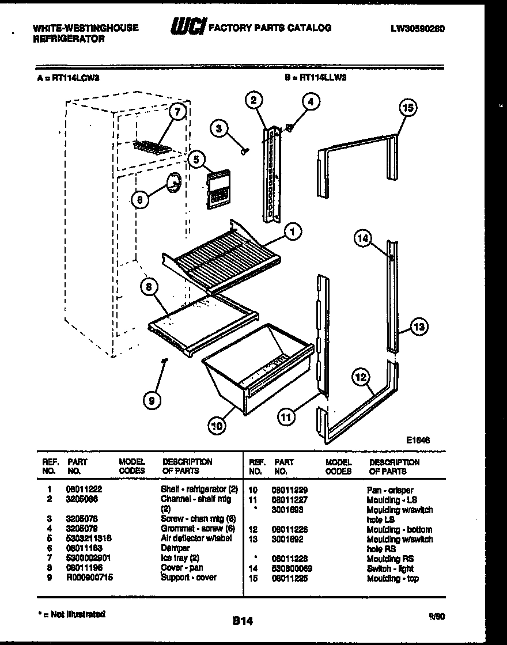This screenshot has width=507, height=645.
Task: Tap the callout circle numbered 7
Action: pyautogui.click(x=177, y=112)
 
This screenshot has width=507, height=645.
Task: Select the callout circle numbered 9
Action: pyautogui.click(x=152, y=401)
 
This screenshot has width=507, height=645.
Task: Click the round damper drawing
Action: pyautogui.click(x=172, y=183)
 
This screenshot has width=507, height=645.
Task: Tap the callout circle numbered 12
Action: pyautogui.click(x=361, y=378)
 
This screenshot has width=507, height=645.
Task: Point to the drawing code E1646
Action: pyautogui.click(x=418, y=440)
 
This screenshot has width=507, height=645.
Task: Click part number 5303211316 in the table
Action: pyautogui.click(x=89, y=538)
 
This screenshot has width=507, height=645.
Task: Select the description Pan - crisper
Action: pyautogui.click(x=389, y=490)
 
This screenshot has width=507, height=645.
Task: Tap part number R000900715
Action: pyautogui.click(x=90, y=577)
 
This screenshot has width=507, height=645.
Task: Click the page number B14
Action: pyautogui.click(x=243, y=621)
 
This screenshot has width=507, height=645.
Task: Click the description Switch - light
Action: pyautogui.click(x=390, y=568)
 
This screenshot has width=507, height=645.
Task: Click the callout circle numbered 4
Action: pyautogui.click(x=311, y=103)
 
